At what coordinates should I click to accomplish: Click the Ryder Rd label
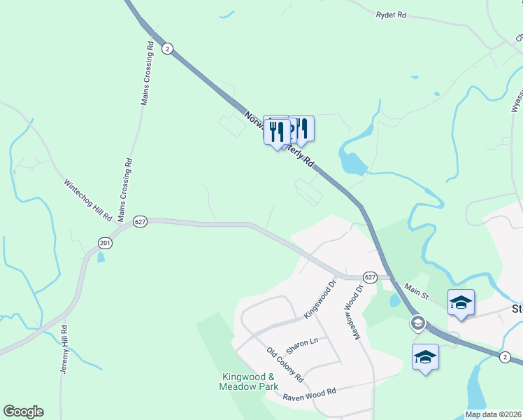pos(391,14)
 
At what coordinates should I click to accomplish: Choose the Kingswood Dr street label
pos(320,301)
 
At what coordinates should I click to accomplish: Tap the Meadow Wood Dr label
pos(353,312)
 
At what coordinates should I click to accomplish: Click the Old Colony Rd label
pos(285,365)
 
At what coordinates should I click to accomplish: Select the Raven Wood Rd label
pos(310,394)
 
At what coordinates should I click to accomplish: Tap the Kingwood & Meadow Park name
pos(248,381)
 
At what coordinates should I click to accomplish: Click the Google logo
pos(23,412)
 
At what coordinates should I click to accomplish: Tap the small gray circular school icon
pos(417,323)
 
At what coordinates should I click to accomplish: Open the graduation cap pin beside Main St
pos(461,302)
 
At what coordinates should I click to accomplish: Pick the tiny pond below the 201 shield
pos(102,257)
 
